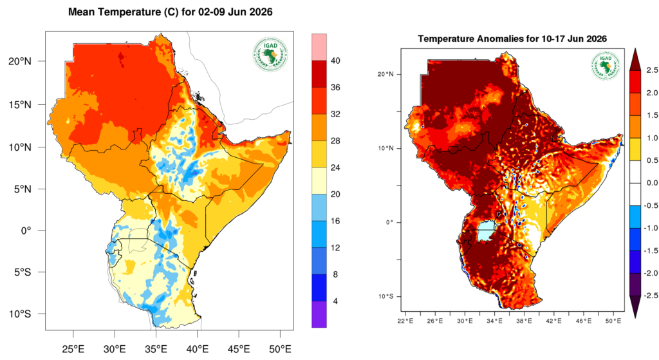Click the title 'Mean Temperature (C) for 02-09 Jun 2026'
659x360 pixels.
point(170,12)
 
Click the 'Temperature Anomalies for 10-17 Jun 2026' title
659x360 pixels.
point(512,39)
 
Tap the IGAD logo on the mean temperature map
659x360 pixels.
point(270,55)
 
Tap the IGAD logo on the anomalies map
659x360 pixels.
point(605,66)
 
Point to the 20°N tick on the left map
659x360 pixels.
point(20,61)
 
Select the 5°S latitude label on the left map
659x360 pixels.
point(20,272)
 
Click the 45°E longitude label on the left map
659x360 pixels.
point(239,349)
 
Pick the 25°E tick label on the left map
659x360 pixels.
point(73,349)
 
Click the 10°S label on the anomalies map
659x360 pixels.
point(386,296)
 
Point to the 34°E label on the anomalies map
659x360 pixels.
point(494,321)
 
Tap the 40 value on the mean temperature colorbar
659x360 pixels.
point(335,61)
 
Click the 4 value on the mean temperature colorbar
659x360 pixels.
point(335,301)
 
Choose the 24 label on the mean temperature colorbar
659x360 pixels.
point(335,168)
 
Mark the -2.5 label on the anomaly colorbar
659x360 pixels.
point(652,296)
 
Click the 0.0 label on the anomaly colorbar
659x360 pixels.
point(653,183)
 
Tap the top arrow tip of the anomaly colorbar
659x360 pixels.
point(635,48)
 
